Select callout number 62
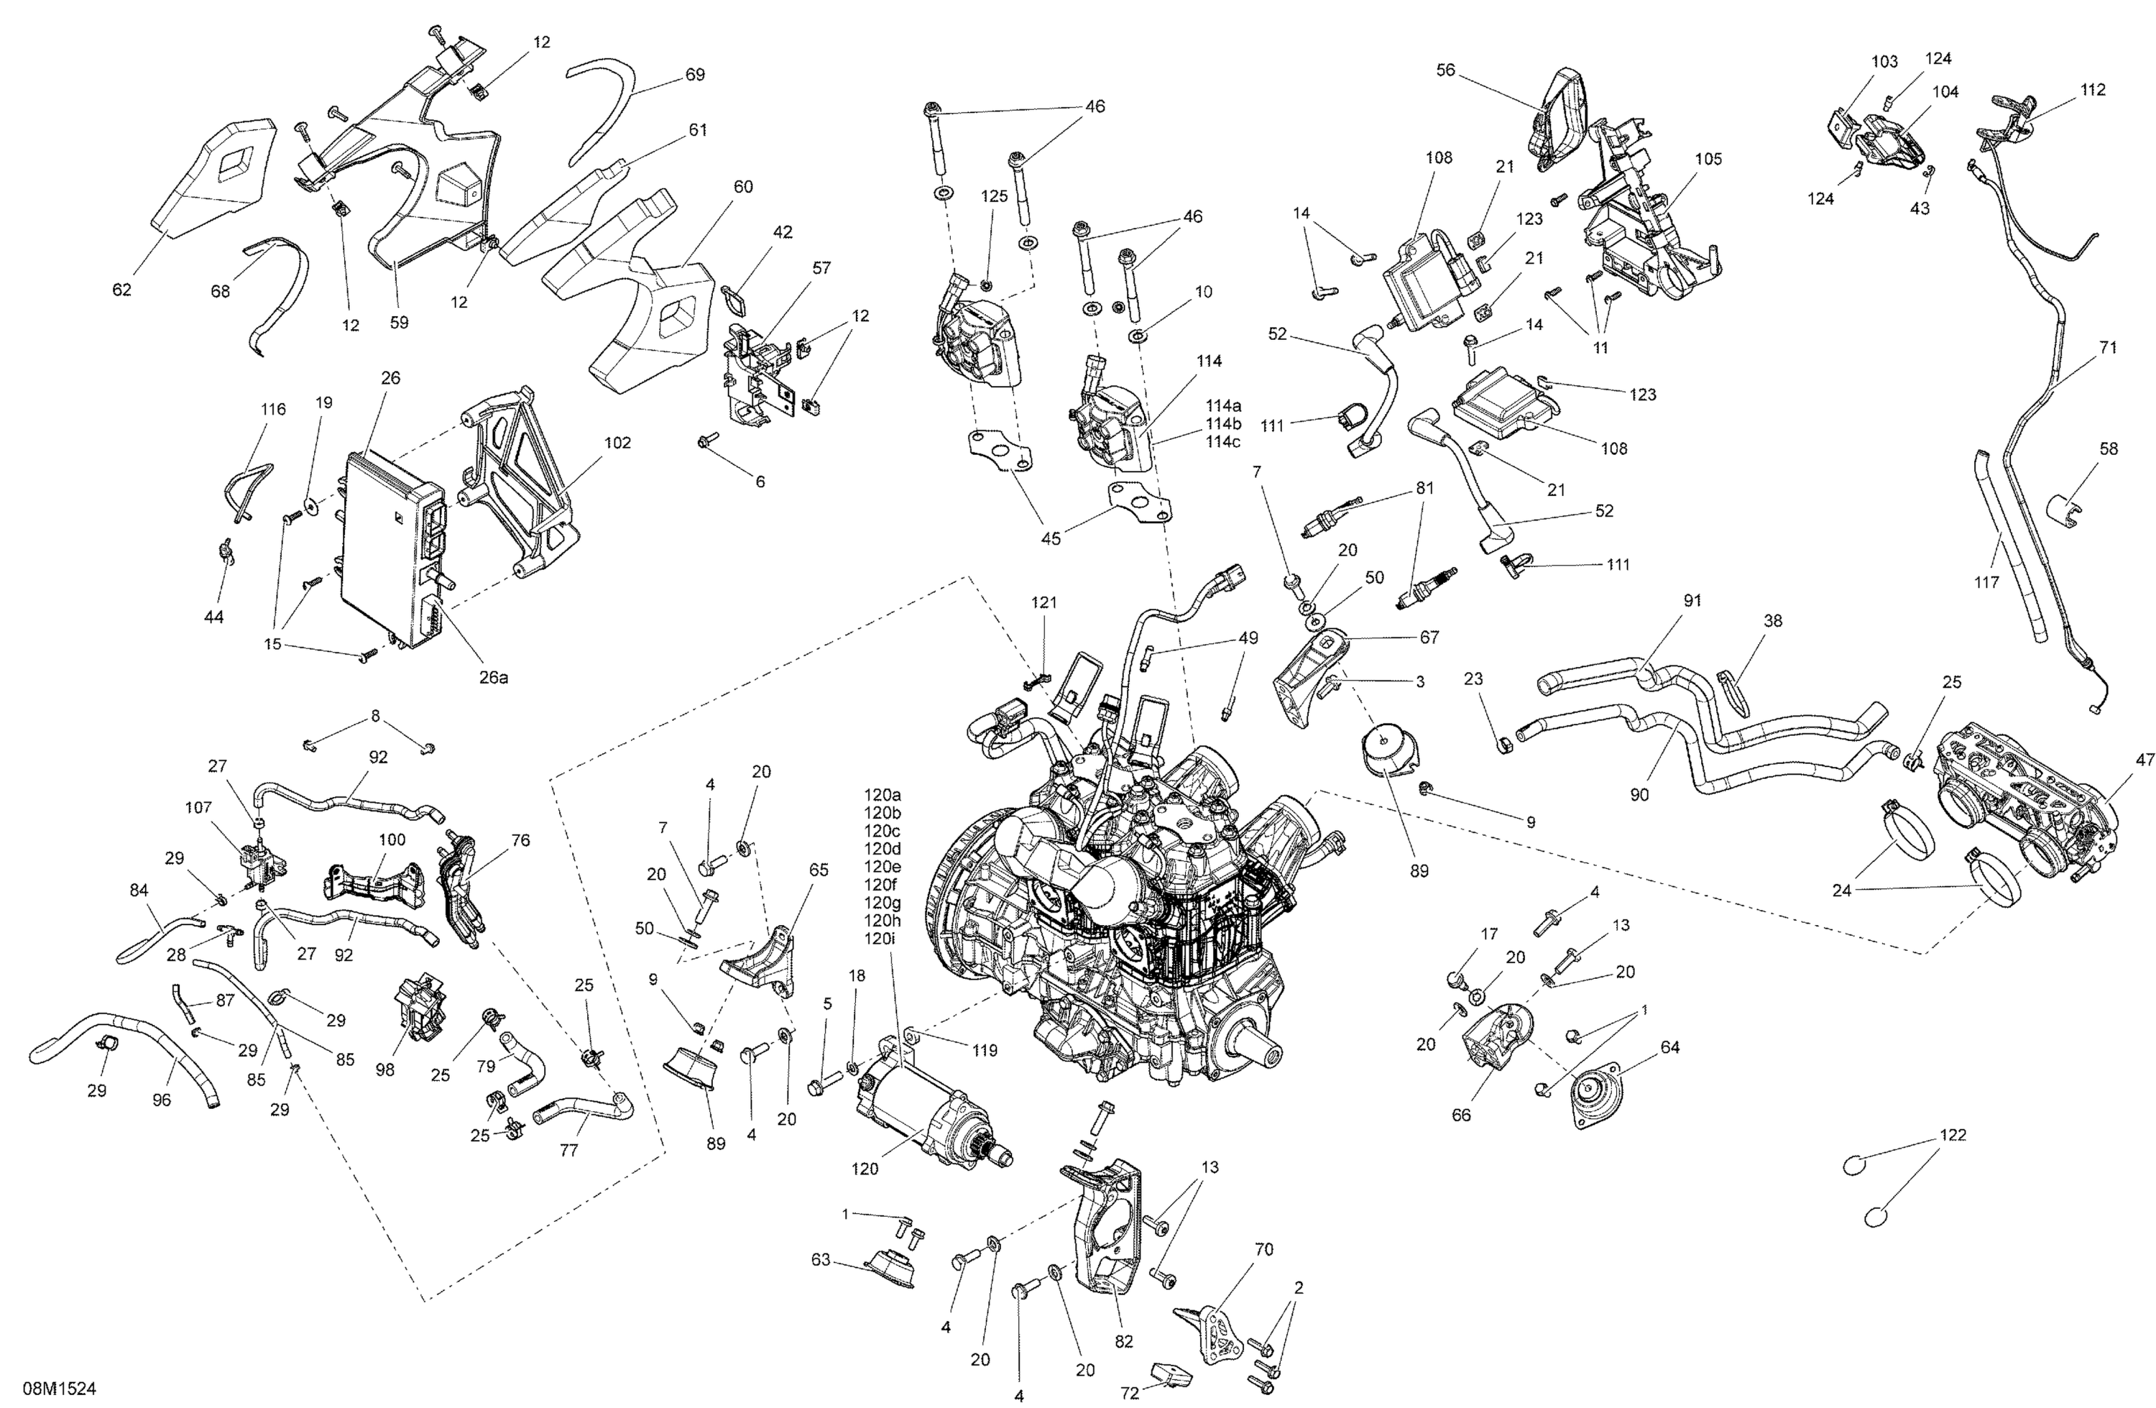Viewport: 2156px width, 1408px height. [121, 290]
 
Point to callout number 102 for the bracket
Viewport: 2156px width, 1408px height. [618, 443]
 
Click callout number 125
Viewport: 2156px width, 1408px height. [994, 195]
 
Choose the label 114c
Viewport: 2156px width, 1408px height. [1223, 442]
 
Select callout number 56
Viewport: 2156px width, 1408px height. [1446, 70]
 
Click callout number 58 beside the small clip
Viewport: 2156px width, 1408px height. [2109, 448]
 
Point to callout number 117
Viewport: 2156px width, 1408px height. [1986, 583]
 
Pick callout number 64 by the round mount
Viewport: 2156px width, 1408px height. [1669, 1047]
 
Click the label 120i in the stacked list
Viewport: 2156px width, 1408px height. [880, 939]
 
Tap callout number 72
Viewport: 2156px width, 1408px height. [1130, 1394]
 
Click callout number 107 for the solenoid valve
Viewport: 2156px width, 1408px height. [198, 806]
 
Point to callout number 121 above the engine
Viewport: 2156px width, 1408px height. [1044, 602]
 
